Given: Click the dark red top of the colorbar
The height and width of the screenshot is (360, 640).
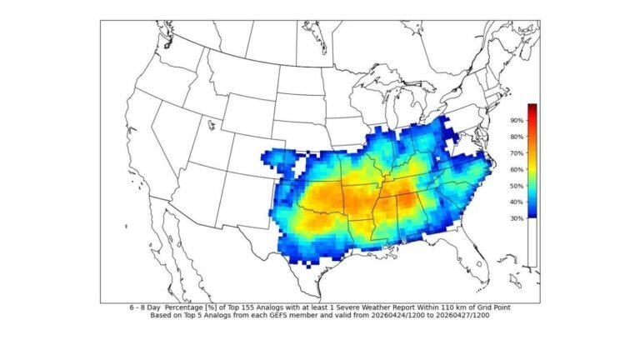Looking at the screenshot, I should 532,108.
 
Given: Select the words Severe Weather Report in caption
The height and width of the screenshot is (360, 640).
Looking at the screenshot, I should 360,308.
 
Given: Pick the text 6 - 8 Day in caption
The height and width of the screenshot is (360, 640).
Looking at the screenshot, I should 145,308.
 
